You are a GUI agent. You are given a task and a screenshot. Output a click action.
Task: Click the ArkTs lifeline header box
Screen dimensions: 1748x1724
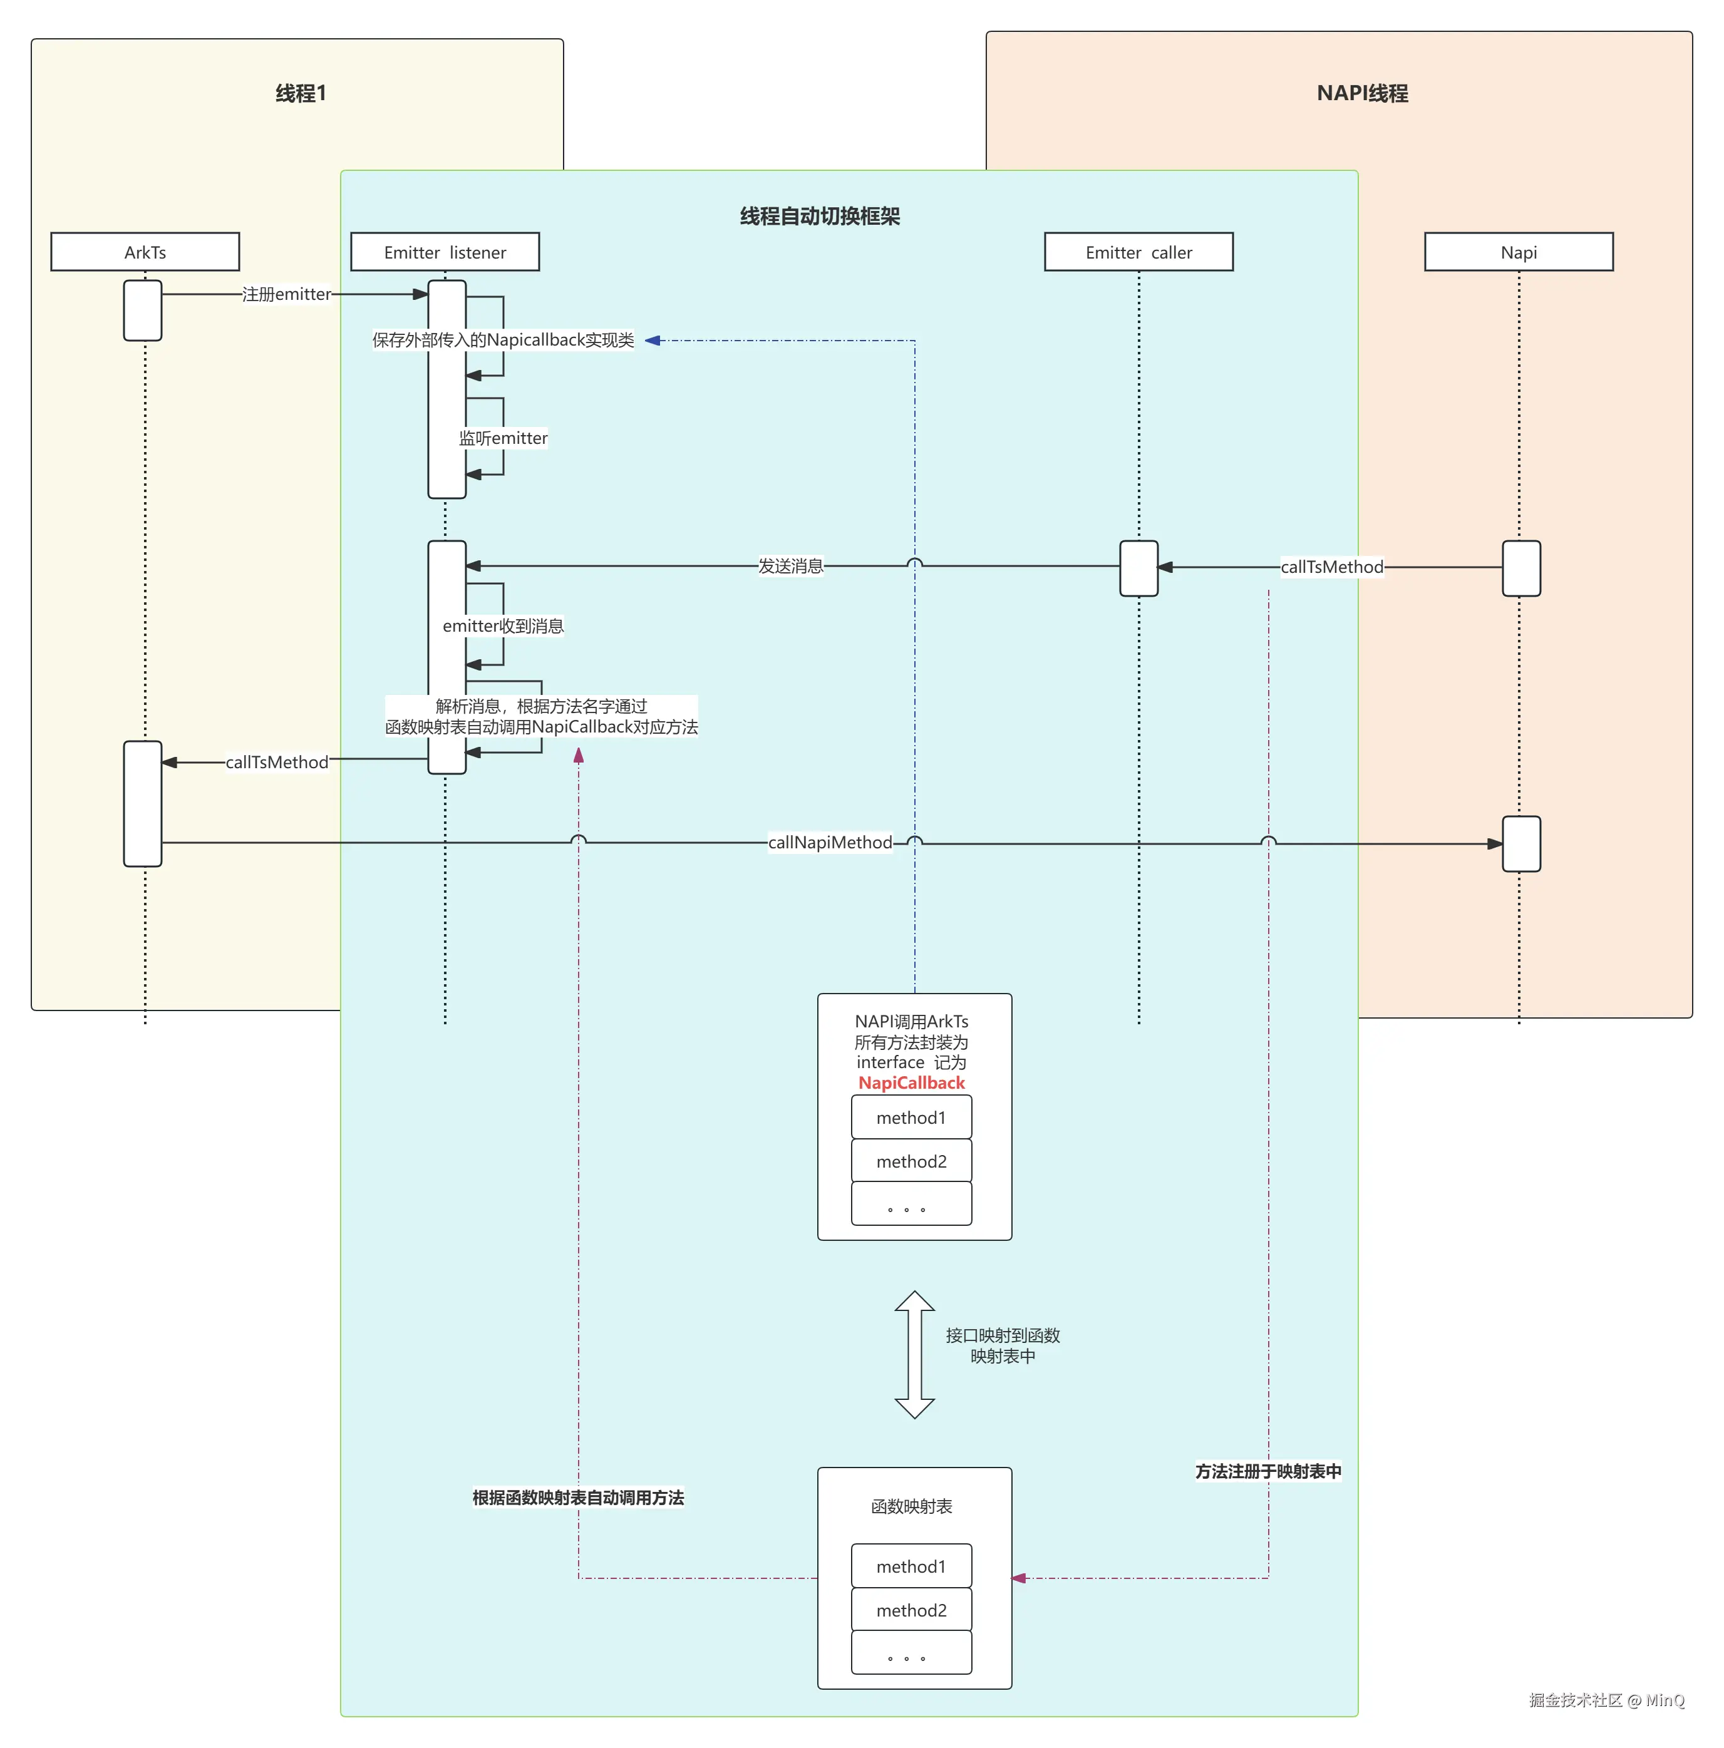[x=145, y=252]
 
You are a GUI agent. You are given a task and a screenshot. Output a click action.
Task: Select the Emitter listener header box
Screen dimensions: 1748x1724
[x=445, y=252]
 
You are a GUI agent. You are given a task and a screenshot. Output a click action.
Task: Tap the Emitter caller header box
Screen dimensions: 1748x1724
[x=1138, y=252]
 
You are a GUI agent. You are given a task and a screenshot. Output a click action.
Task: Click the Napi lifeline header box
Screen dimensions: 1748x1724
[x=1518, y=252]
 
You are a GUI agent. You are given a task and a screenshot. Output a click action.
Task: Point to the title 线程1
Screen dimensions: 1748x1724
[x=301, y=93]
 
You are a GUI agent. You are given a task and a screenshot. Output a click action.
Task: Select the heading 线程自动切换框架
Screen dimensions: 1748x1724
[x=819, y=216]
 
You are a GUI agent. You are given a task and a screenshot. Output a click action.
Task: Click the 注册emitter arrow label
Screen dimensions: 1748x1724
[x=286, y=294]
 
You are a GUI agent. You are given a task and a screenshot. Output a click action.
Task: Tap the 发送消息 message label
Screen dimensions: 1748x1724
[x=790, y=567]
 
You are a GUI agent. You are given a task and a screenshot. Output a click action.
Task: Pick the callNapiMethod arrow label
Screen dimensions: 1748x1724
[x=829, y=842]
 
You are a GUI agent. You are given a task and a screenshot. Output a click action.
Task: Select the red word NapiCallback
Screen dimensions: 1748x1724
[x=911, y=1083]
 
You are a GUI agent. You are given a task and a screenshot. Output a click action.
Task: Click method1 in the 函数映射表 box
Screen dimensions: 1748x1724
[x=911, y=1566]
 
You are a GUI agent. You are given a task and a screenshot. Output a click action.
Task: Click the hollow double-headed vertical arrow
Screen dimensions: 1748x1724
[x=914, y=1354]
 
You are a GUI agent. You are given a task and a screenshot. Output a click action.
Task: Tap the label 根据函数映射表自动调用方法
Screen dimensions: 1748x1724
[x=577, y=1498]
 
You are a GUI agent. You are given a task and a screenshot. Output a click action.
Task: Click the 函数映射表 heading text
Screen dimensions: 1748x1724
[x=911, y=1506]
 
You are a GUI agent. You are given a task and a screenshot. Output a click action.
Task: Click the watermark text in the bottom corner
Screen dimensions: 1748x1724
[x=1606, y=1700]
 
